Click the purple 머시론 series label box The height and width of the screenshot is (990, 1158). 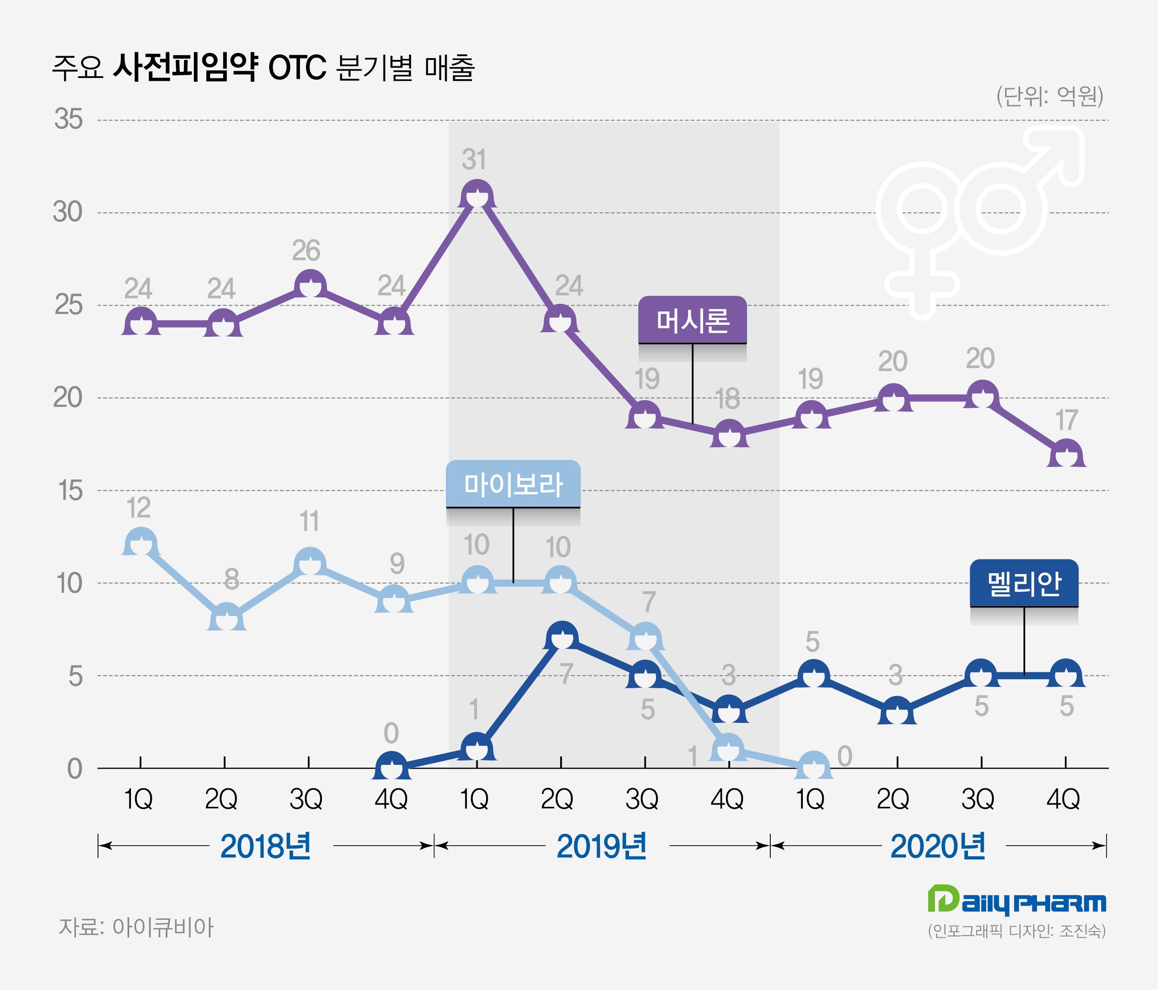[x=692, y=320]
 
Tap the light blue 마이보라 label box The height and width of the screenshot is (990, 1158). [x=513, y=484]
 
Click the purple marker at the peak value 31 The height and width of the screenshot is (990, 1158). [x=477, y=195]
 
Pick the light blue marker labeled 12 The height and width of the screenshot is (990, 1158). [x=140, y=542]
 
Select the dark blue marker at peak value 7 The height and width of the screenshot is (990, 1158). [x=562, y=636]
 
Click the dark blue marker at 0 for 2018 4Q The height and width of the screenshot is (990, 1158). [x=391, y=767]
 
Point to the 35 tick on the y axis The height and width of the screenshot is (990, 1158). [x=68, y=119]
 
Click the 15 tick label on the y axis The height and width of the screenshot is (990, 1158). [x=70, y=491]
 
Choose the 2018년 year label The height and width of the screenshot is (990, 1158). [x=265, y=846]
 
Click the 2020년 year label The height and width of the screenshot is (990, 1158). [x=937, y=846]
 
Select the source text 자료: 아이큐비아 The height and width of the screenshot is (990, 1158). [x=136, y=928]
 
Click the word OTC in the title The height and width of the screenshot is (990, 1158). [x=297, y=68]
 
